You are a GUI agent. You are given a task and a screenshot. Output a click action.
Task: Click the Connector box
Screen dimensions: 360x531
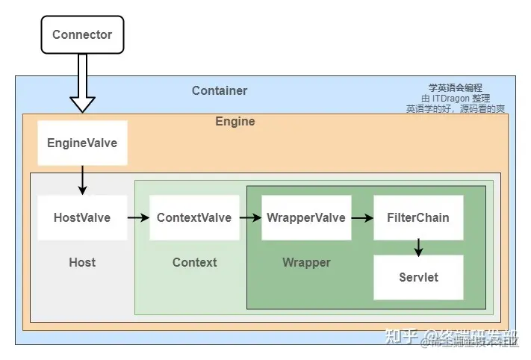coord(82,34)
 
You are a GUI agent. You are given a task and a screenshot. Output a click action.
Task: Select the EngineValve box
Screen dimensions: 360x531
coord(82,143)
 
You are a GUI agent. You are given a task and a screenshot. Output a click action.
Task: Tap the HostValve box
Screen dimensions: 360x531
coord(82,218)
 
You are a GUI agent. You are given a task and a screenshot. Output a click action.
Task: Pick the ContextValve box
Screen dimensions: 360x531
coord(194,218)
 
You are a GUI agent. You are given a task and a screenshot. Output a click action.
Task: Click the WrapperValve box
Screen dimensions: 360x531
coord(306,218)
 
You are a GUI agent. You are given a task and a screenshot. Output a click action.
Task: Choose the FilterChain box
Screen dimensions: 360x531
coord(418,218)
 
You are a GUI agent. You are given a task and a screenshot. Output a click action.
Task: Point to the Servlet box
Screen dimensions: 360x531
coord(418,277)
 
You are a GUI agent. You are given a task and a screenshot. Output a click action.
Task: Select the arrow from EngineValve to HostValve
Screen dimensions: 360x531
coord(82,180)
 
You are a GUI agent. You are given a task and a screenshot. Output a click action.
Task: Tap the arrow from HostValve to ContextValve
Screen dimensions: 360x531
coord(138,218)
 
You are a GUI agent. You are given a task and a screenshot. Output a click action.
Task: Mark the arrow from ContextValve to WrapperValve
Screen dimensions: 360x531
coord(250,218)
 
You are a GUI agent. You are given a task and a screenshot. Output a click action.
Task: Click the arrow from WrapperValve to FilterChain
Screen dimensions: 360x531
coord(362,218)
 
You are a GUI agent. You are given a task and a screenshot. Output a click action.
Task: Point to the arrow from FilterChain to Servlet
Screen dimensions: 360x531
coord(418,247)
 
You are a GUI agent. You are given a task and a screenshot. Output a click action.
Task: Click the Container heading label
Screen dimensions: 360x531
coord(220,91)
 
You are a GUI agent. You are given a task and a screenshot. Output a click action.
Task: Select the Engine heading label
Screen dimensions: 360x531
coord(235,122)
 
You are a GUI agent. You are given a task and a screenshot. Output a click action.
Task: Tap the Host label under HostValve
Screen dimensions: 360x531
coord(82,262)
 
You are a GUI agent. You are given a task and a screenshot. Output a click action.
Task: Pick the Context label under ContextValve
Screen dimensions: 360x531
coord(194,262)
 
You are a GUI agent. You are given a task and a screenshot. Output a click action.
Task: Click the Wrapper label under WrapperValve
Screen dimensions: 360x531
coord(306,262)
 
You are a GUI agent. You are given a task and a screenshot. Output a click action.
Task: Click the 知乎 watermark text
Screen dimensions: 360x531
coord(400,336)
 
